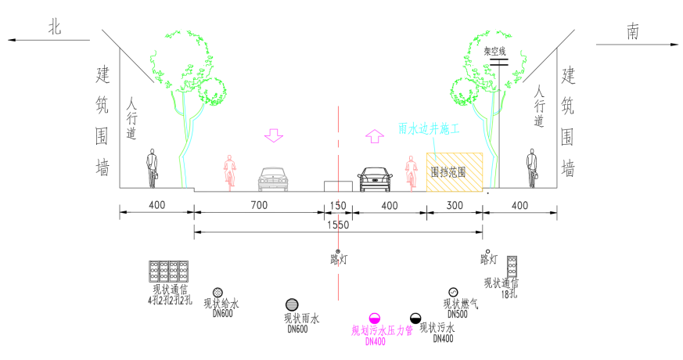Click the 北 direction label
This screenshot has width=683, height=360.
click(55, 28)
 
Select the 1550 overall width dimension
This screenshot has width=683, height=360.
click(337, 224)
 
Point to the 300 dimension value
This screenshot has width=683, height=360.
click(454, 205)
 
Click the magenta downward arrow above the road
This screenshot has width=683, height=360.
click(273, 135)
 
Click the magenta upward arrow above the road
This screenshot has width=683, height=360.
click(375, 135)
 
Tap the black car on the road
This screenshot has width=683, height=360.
click(375, 179)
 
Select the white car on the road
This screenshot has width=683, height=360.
click(274, 179)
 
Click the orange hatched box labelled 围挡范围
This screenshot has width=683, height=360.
click(455, 171)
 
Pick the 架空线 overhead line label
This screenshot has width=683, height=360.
click(497, 52)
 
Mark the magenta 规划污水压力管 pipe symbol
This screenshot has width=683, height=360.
click(375, 319)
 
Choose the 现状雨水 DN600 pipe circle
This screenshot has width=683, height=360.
click(292, 304)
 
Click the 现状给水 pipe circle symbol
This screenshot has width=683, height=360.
click(217, 292)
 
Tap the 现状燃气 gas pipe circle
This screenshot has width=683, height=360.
click(454, 292)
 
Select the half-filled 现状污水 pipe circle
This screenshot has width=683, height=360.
click(415, 319)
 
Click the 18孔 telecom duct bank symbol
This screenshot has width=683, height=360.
click(512, 265)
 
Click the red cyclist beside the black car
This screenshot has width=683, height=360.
click(410, 173)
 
